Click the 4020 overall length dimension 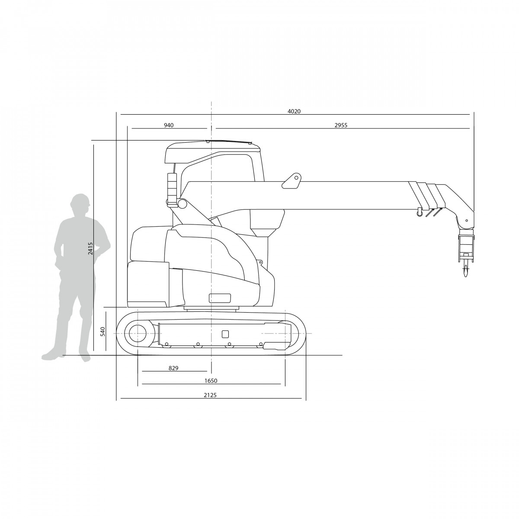[x=294, y=111]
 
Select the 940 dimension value [x=169, y=125]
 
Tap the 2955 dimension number [x=341, y=125]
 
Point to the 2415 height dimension [x=90, y=248]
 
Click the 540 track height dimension [x=103, y=331]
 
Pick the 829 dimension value [x=173, y=368]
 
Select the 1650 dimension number [x=211, y=381]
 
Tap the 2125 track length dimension [x=210, y=395]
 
